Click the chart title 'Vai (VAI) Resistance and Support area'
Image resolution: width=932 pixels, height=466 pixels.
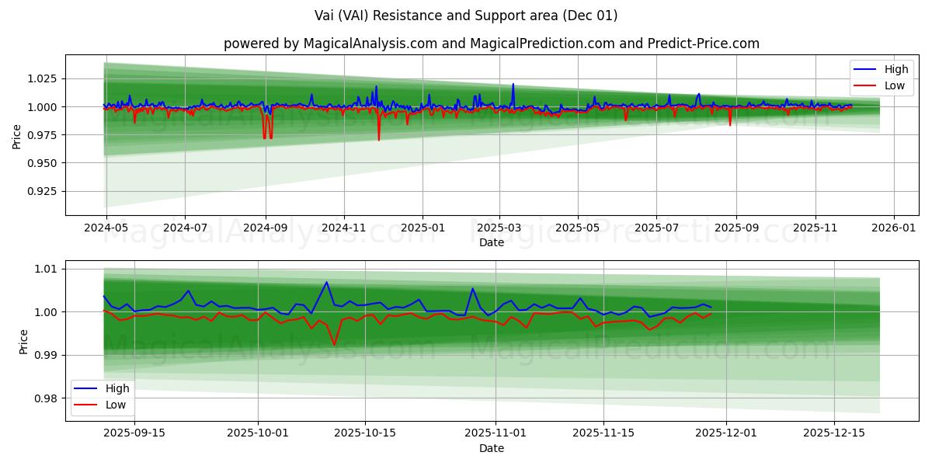point(466,16)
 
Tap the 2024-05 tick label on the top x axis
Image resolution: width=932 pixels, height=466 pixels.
point(106,228)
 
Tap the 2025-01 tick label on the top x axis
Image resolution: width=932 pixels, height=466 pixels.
point(423,228)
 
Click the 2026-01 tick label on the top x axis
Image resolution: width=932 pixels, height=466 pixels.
point(894,228)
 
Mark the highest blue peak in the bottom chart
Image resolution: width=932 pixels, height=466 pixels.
point(327,282)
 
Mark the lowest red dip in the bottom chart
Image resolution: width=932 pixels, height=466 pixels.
point(335,345)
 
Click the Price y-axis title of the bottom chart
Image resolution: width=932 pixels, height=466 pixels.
point(23,342)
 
